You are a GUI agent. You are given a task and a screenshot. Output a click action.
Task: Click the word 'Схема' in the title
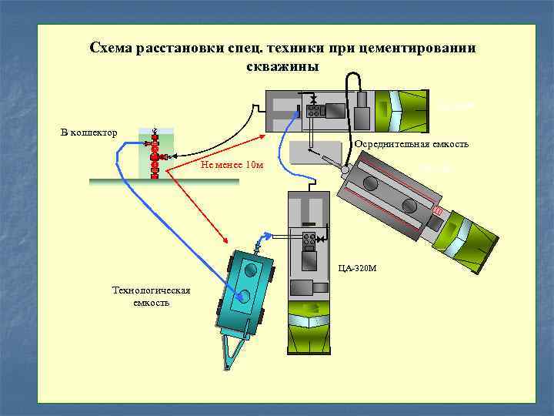tap(111, 49)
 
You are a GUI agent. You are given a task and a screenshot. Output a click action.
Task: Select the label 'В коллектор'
tap(89, 133)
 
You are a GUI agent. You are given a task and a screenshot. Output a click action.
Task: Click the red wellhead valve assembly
tap(155, 154)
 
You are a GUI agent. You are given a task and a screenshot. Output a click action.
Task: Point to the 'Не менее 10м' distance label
tap(231, 164)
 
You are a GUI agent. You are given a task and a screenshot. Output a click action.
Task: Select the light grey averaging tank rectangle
tap(315, 152)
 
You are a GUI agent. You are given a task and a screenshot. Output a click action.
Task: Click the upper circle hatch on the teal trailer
tap(250, 270)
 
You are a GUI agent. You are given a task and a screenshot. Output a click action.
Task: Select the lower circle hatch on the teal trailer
tap(245, 295)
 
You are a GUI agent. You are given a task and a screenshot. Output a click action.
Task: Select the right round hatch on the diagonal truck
tap(407, 207)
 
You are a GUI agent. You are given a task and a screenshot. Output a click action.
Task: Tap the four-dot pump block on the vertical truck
tap(309, 240)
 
